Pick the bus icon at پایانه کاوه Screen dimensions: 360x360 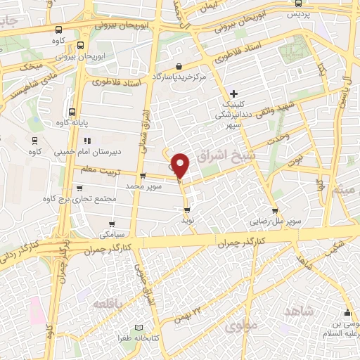(x=72, y=111)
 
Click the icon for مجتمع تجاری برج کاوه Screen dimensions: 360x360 (x=79, y=188)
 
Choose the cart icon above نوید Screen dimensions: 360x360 (x=186, y=209)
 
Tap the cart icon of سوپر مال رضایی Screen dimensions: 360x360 (x=274, y=210)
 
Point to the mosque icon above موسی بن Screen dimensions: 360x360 (x=346, y=314)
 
